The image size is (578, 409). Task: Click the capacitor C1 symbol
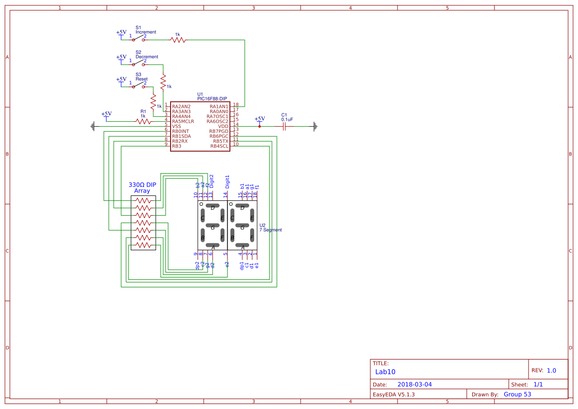[x=284, y=126]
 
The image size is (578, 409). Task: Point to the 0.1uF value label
[x=287, y=119]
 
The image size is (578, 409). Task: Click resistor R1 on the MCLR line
[x=143, y=121]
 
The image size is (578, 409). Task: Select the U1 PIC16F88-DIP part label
[x=212, y=96]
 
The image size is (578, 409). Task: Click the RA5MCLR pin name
[x=183, y=121]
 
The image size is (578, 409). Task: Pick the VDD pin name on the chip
[x=223, y=126]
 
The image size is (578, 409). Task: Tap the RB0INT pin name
[x=180, y=131]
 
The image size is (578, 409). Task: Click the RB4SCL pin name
[x=219, y=146]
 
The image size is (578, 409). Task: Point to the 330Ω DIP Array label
[x=142, y=187]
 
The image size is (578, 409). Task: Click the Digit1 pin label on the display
[x=227, y=182]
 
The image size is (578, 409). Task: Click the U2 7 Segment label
[x=270, y=227]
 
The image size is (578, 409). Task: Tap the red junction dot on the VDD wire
[x=260, y=126]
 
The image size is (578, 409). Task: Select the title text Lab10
[x=385, y=372]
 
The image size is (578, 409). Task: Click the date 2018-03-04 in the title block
[x=414, y=384]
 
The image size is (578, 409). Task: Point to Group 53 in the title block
[x=517, y=394]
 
